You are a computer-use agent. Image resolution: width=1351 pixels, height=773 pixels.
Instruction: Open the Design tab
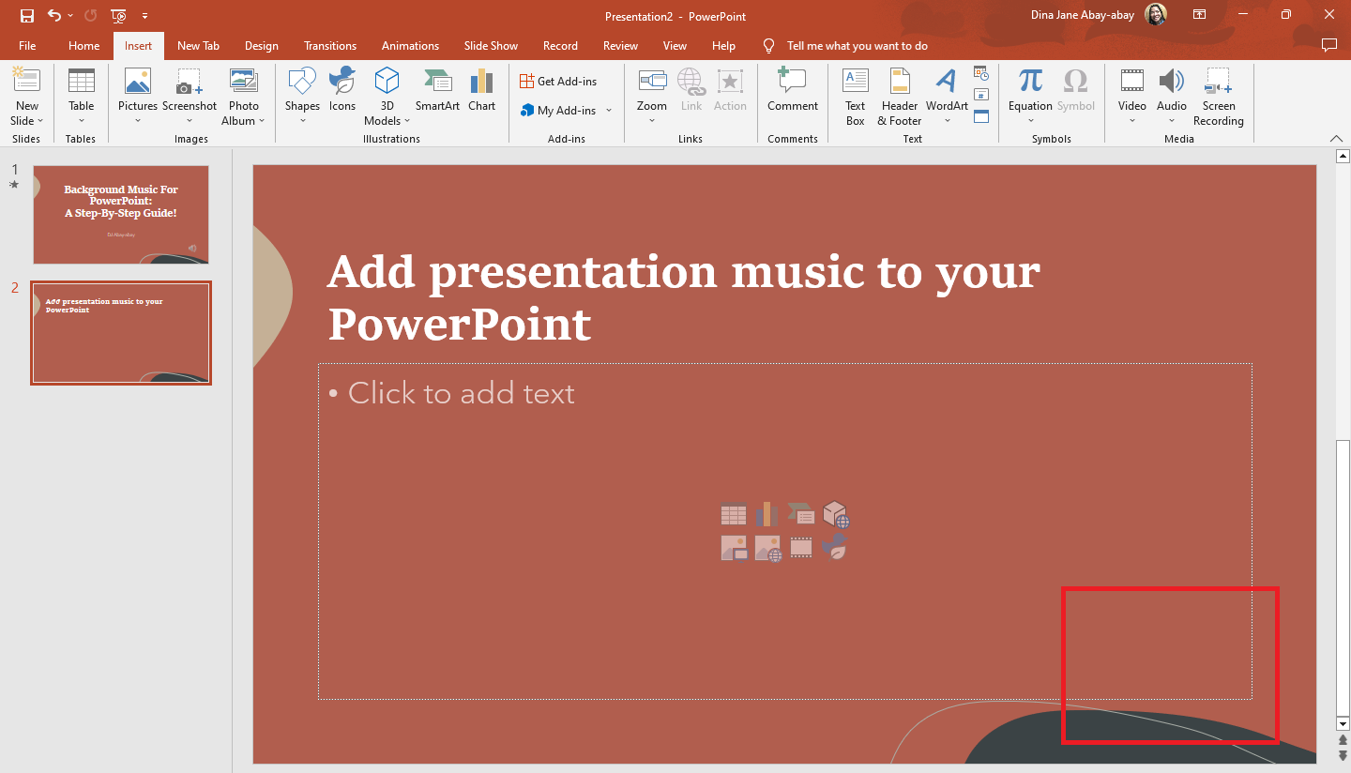tap(261, 46)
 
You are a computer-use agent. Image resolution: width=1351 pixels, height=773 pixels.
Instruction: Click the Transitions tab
tap(330, 46)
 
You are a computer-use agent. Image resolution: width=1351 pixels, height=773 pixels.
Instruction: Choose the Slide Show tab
tap(491, 46)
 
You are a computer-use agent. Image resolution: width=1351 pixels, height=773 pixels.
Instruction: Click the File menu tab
tap(27, 46)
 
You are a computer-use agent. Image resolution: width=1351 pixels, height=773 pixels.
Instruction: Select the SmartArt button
tap(437, 94)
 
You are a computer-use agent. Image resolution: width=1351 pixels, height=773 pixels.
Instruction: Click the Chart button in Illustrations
tap(481, 94)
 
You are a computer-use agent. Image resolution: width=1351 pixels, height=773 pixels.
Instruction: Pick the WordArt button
tap(947, 94)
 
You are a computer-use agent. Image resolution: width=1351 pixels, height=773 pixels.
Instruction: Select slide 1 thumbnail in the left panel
tap(121, 215)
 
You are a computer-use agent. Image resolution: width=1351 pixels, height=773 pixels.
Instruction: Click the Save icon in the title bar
tap(27, 15)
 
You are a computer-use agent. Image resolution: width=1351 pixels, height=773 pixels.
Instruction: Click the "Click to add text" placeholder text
tap(461, 393)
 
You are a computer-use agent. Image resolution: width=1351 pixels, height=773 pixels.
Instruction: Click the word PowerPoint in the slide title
tap(460, 325)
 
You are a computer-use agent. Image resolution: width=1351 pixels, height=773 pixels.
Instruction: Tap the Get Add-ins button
tap(558, 82)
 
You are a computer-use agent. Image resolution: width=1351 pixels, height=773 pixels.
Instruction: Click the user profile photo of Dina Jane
tap(1156, 15)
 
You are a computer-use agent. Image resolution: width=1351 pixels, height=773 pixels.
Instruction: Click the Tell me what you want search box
tap(857, 46)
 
